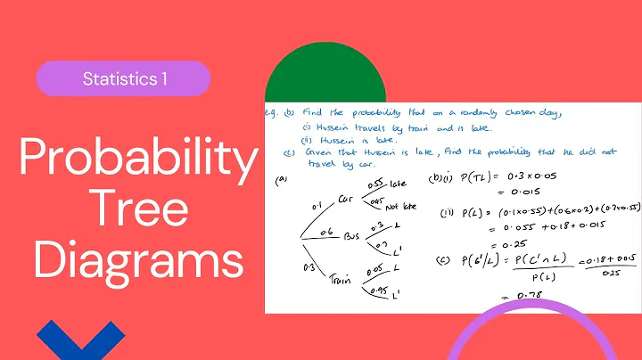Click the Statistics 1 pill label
pyautogui.click(x=123, y=78)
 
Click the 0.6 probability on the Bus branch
pyautogui.click(x=328, y=230)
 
